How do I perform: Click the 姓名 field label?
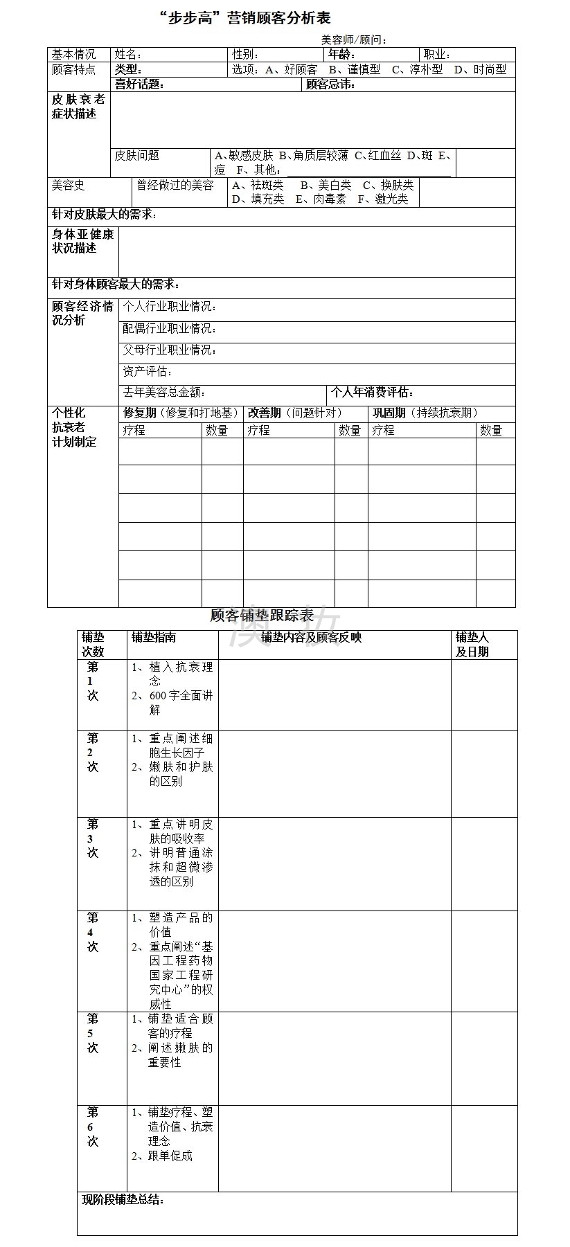128,55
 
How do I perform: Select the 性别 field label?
245,55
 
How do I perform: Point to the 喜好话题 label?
139,84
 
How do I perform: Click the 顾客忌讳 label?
330,84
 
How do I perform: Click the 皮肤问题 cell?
137,156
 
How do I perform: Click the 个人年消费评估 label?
372,393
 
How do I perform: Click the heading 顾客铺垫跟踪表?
262,616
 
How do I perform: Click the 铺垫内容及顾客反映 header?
312,638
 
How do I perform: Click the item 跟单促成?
170,1156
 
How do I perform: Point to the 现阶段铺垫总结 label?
123,1200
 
